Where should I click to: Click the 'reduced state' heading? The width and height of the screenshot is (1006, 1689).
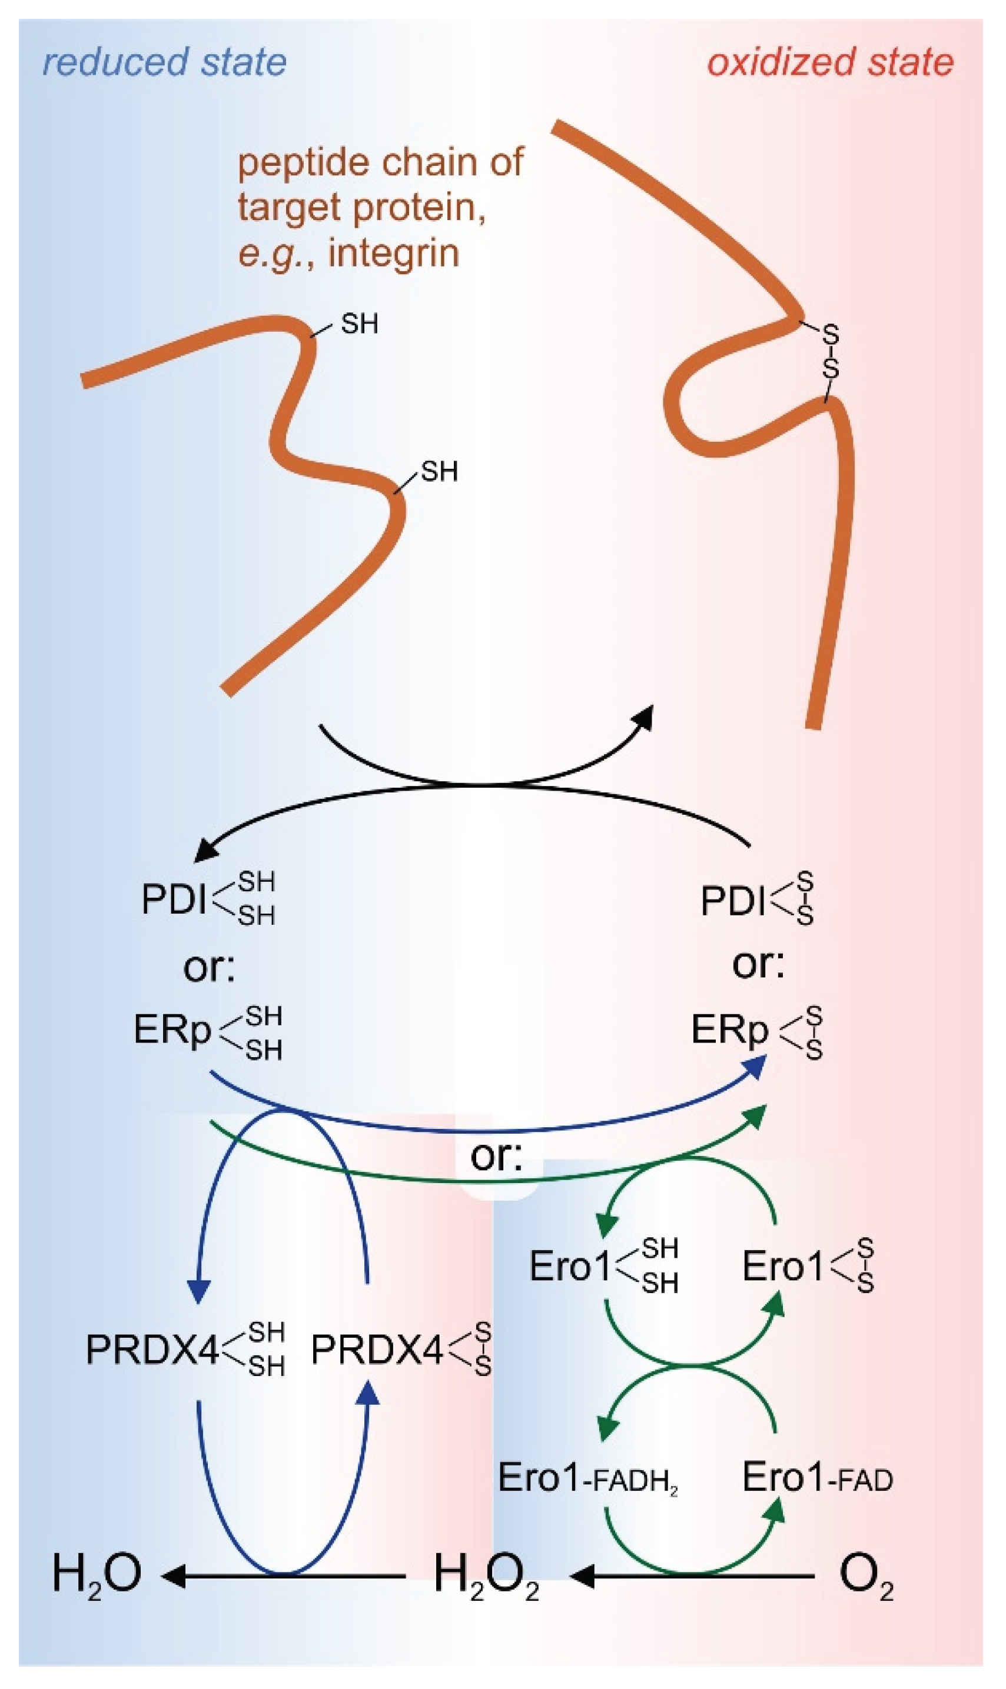click(164, 62)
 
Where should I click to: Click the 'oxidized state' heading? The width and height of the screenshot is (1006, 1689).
click(830, 62)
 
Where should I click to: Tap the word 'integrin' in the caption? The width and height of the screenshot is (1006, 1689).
click(393, 254)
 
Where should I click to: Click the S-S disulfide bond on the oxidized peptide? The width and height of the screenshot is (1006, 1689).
click(831, 352)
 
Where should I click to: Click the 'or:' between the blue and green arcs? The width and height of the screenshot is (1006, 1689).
click(496, 1156)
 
